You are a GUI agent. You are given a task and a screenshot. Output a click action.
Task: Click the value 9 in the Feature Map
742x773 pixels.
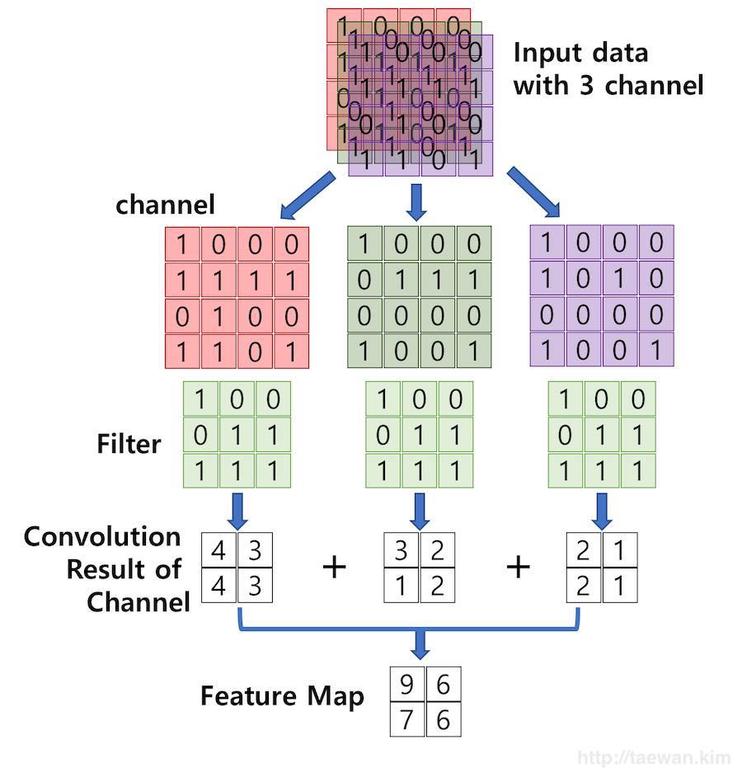(x=407, y=684)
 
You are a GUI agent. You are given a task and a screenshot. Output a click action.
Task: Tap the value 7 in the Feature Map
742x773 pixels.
(x=407, y=719)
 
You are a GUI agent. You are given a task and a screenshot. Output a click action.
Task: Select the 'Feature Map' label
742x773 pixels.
(x=281, y=697)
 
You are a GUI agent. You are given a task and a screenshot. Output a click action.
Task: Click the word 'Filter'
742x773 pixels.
(x=129, y=444)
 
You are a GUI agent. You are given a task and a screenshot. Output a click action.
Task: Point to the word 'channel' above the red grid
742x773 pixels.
(x=165, y=204)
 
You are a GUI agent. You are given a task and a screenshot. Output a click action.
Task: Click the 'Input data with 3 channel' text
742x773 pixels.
(x=608, y=68)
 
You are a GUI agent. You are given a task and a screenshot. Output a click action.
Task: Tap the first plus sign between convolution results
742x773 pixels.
(x=334, y=567)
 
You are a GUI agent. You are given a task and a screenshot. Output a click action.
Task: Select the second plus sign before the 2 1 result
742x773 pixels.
(x=518, y=567)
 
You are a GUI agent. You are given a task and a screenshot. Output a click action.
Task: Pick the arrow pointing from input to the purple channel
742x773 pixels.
(x=533, y=191)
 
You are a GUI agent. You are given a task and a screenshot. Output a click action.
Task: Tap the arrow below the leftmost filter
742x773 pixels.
(x=237, y=511)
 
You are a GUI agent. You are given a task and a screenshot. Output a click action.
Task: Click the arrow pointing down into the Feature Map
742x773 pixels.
(x=420, y=644)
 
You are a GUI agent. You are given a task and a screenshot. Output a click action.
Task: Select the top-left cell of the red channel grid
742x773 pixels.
(x=183, y=245)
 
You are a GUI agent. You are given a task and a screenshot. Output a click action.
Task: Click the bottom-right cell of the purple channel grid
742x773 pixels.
(x=655, y=349)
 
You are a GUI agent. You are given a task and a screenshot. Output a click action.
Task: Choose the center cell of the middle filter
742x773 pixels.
(x=419, y=435)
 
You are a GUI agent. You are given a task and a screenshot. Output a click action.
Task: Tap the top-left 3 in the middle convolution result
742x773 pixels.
(x=401, y=550)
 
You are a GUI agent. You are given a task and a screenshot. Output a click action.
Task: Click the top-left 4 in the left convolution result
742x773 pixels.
(x=218, y=550)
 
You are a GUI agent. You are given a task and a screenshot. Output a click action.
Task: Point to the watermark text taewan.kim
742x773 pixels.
(x=652, y=757)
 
